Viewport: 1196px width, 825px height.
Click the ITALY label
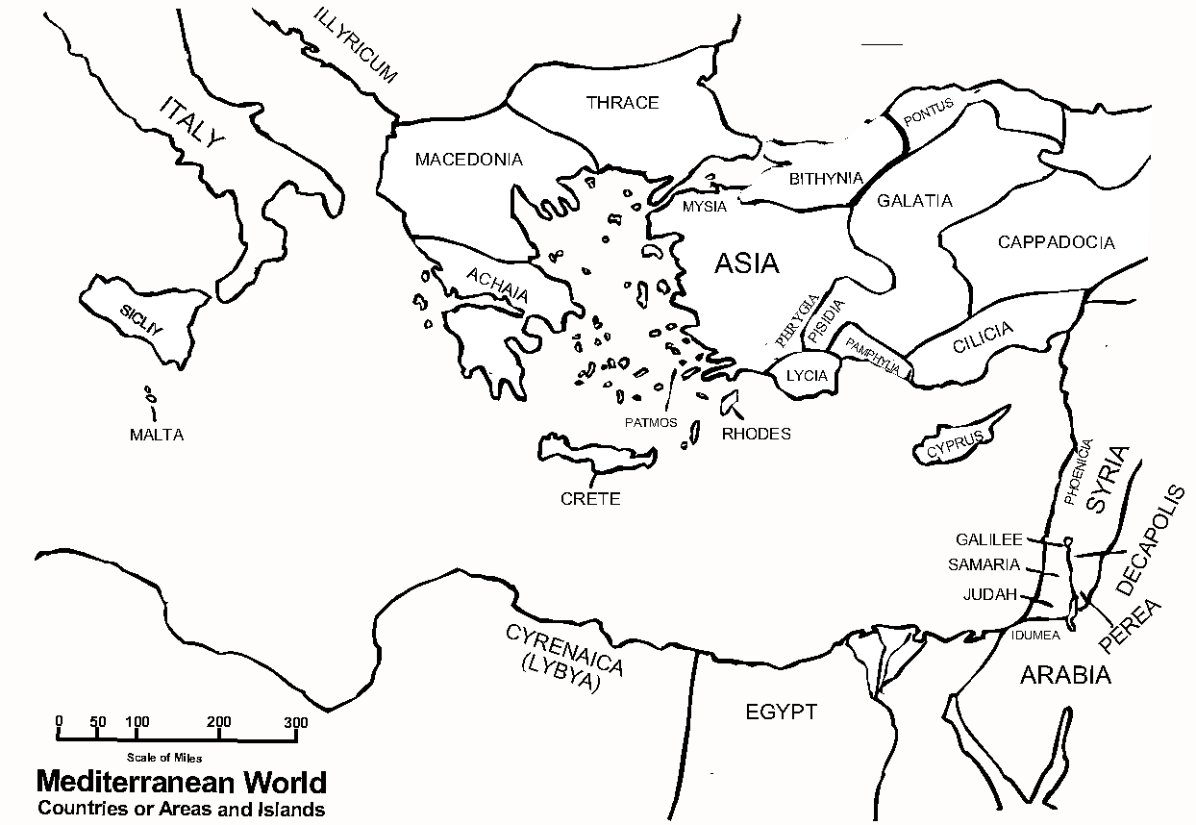[x=192, y=123]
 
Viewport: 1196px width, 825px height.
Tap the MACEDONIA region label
[x=468, y=160]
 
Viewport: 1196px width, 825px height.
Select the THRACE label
[x=622, y=103]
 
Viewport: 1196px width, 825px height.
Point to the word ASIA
[x=746, y=263]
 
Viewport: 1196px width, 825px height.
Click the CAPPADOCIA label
[x=1056, y=242]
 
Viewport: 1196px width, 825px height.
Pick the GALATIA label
[x=914, y=201]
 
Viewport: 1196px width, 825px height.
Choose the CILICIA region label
[x=983, y=337]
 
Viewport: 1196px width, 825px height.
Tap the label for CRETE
[x=590, y=499]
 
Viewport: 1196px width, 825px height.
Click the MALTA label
[x=157, y=435]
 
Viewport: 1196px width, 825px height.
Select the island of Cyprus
[x=961, y=437]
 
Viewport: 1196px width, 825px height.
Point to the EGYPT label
[x=781, y=712]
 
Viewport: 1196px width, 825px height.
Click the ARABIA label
[x=1064, y=675]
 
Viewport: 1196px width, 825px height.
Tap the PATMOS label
[x=651, y=422]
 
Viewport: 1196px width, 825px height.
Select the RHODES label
[x=756, y=434]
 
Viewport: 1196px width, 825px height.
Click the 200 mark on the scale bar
[x=218, y=723]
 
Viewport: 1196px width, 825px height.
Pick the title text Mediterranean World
[x=181, y=781]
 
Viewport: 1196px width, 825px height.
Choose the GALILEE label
[x=988, y=540]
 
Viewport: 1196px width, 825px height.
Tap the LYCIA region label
[x=806, y=376]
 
